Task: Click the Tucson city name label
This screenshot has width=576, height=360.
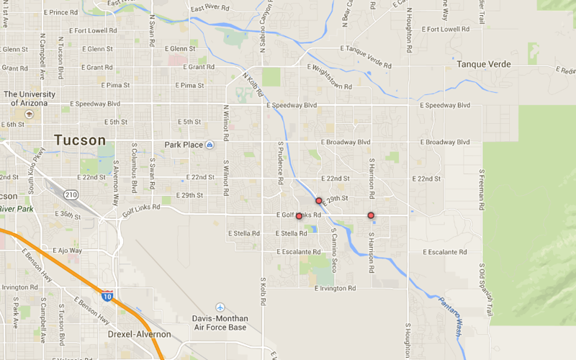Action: click(80, 140)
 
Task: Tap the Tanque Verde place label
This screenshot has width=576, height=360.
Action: click(484, 65)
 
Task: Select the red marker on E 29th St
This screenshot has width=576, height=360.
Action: click(318, 201)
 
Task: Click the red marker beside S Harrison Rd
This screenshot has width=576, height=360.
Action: click(371, 215)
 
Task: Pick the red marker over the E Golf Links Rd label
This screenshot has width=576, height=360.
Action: click(299, 216)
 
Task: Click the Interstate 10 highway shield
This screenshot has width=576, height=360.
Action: click(107, 294)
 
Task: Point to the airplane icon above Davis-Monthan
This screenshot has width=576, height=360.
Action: click(220, 307)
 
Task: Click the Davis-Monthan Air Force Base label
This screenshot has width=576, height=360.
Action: click(220, 323)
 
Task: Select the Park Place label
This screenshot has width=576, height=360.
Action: click(184, 145)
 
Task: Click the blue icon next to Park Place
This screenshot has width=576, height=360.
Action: click(210, 145)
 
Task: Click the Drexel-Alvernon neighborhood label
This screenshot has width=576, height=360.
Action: click(139, 335)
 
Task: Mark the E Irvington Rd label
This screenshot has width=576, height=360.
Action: click(336, 288)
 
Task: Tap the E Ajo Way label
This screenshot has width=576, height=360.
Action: click(66, 251)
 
